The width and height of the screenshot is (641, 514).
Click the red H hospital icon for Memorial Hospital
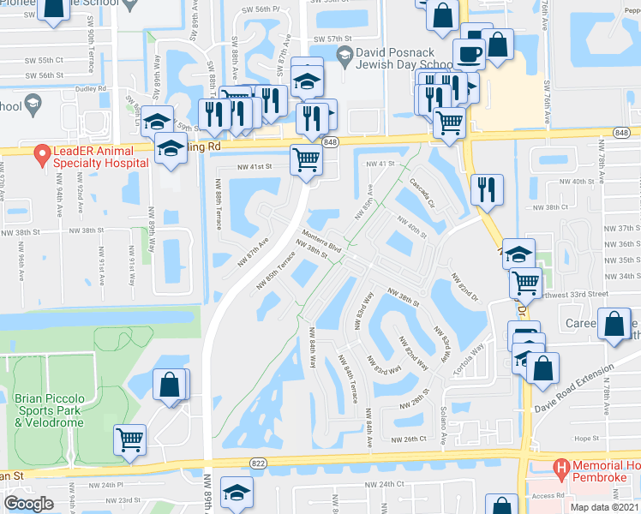(x=561, y=468)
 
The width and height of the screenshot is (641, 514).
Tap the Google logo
(x=28, y=504)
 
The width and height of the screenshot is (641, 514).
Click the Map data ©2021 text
(x=604, y=507)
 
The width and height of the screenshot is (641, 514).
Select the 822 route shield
(x=256, y=461)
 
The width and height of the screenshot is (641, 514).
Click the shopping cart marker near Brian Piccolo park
(x=129, y=439)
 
